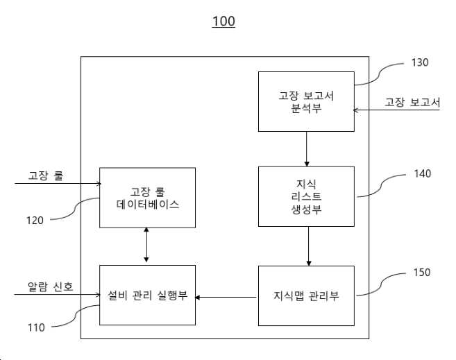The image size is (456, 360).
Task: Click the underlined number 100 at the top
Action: coord(223,22)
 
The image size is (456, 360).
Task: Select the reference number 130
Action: coord(420,62)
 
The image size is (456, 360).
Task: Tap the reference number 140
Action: coord(422,173)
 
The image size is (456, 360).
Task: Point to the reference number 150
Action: coord(422,273)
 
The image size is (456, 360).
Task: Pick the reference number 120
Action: coord(35,221)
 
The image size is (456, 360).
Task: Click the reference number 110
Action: coord(36,328)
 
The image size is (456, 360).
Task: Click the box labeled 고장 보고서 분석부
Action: coord(306,102)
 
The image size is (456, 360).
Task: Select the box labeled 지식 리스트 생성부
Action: coord(306,197)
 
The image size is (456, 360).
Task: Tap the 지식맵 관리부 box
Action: coord(306,295)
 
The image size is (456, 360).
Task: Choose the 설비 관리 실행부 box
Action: coord(147,295)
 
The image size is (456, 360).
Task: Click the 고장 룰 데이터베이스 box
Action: coord(147,198)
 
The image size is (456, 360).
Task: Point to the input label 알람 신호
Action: coord(50,286)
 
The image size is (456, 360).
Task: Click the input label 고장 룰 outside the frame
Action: coord(46,175)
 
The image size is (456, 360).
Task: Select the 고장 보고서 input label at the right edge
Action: coord(412,102)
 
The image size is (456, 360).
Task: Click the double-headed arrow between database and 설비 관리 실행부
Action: coord(146,245)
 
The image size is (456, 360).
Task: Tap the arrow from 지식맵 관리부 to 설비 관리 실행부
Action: coord(226,298)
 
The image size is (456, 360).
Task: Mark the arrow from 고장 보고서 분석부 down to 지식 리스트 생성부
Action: coord(307,149)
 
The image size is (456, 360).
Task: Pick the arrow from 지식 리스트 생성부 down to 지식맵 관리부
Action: coord(309,246)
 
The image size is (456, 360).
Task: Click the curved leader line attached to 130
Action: coord(380,74)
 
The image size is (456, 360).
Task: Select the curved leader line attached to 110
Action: coord(76,316)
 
